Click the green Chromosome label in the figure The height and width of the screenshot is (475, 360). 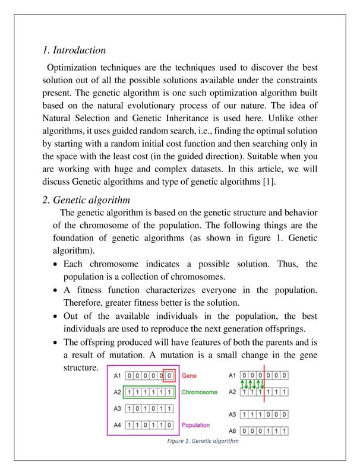[199, 392]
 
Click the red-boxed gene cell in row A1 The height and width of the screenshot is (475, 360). [170, 376]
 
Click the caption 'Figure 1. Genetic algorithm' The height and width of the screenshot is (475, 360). [203, 441]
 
